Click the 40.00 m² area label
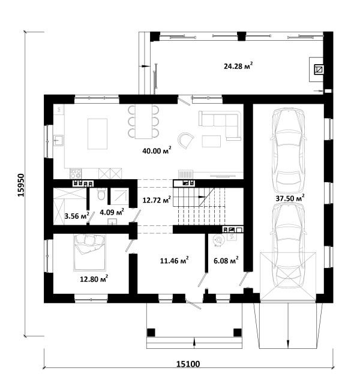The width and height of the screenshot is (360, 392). [x=157, y=151]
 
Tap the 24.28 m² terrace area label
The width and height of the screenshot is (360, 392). [x=238, y=67]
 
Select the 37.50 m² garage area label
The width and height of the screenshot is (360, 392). [x=290, y=198]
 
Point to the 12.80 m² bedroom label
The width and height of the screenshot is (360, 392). [x=94, y=279]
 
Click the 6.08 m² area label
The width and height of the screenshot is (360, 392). [x=226, y=261]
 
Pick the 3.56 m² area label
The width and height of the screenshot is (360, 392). [x=77, y=216]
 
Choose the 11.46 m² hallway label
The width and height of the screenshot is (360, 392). [x=174, y=261]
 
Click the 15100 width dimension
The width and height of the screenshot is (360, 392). [x=188, y=364]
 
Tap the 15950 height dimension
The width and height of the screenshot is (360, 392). [x=21, y=185]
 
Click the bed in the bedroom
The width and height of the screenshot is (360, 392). [x=89, y=252]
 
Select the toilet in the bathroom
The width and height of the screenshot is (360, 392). [x=101, y=194]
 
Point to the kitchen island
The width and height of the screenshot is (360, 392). [x=97, y=134]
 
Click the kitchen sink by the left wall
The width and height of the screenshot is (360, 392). [x=58, y=140]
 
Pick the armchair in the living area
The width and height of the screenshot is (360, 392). [x=186, y=140]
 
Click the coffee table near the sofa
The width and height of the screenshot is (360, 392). [x=211, y=141]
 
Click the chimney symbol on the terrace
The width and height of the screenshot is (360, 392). [x=319, y=70]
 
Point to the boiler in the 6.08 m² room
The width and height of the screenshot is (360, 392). [x=218, y=240]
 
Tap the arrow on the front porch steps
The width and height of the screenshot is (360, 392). [x=194, y=342]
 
